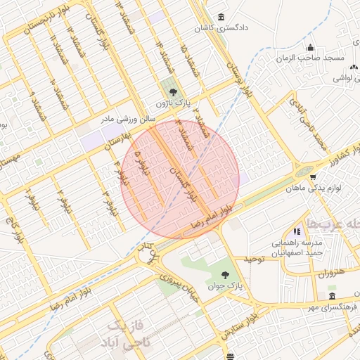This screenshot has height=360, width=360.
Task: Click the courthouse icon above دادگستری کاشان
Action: coord(222,18)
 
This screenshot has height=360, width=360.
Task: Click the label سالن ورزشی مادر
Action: coord(127,119)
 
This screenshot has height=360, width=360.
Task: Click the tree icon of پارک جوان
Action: coord(225,275)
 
